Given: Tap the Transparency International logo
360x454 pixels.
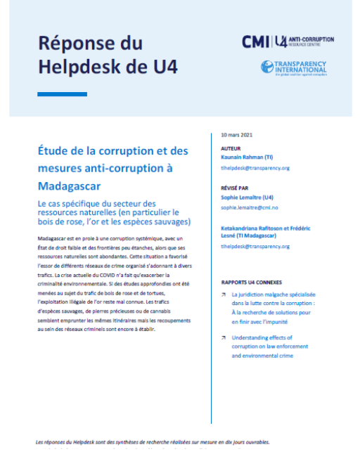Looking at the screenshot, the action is pyautogui.click(x=294, y=68).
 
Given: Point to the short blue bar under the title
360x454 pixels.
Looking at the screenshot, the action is pyautogui.click(x=62, y=94).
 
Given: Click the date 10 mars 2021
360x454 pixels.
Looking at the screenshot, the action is pyautogui.click(x=236, y=135).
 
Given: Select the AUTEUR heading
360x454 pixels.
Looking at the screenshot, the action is pyautogui.click(x=231, y=149).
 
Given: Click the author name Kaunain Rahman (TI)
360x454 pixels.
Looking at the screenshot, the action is pyautogui.click(x=255, y=158).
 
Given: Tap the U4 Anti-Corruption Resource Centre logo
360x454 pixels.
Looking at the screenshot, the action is pyautogui.click(x=303, y=42).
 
